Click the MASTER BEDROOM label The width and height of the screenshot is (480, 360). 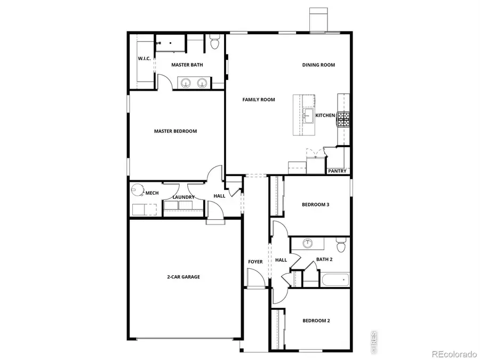175,131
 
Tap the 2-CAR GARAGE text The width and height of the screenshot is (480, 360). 183,277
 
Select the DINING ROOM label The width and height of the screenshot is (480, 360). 318,65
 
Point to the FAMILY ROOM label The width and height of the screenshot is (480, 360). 259,100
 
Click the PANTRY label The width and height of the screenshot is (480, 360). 337,171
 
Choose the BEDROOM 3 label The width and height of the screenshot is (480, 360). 315,204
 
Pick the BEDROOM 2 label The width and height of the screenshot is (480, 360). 316,321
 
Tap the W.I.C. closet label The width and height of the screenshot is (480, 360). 144,58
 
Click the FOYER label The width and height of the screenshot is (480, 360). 255,261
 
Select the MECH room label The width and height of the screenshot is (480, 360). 152,193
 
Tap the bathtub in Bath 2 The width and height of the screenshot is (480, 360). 334,279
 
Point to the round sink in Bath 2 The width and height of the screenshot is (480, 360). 308,244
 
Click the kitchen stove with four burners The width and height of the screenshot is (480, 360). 343,118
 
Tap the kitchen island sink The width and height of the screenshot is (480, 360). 308,116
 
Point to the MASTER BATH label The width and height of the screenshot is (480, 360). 187,65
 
